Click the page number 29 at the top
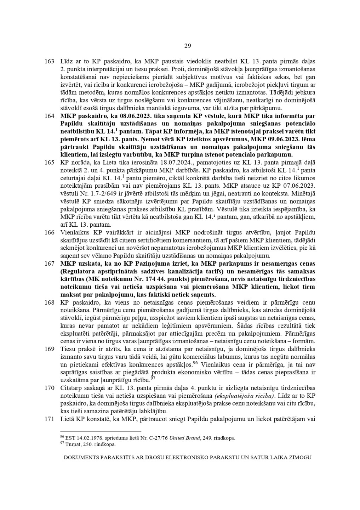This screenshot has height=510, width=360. pos(188,46)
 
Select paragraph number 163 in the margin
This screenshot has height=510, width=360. pos(49,61)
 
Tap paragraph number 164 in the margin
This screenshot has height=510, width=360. pos(49,116)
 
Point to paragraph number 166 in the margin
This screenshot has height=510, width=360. pos(49,232)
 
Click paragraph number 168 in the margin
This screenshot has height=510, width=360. pos(49,302)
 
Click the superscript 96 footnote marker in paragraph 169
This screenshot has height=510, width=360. pos(195,362)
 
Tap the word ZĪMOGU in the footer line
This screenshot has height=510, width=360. pos(300,458)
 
